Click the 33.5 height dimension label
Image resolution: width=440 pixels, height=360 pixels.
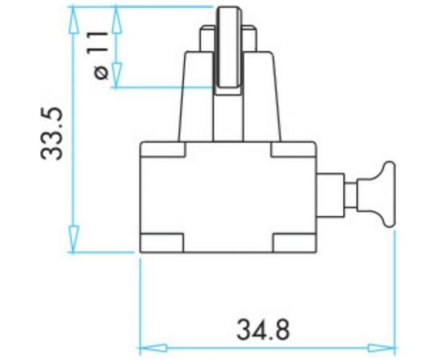pos(54,134)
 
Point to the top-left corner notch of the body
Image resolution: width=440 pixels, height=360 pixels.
pos(163,149)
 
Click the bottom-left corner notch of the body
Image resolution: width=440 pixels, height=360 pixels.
pos(163,241)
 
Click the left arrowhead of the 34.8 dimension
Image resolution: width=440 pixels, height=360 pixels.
pos(148,348)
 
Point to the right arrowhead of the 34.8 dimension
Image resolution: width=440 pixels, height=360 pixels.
pos(387,348)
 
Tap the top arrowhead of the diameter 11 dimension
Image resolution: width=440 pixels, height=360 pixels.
pos(118,18)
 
